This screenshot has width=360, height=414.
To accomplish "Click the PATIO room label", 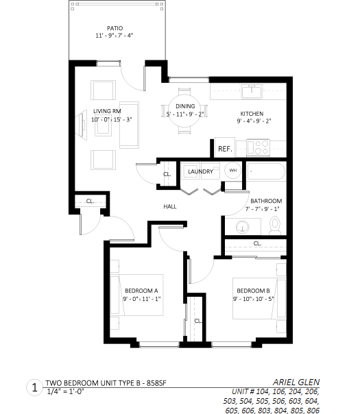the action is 115,28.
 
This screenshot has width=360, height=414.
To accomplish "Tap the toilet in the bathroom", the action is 275,226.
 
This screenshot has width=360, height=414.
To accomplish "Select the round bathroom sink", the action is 243,227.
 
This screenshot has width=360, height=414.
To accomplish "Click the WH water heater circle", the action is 232,170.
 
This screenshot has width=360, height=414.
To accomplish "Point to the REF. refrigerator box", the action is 225,147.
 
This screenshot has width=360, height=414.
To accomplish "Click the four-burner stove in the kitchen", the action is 258,147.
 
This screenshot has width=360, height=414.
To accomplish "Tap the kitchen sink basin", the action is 252,92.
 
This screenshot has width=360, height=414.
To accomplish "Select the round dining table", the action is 184,110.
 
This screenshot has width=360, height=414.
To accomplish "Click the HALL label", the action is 170,206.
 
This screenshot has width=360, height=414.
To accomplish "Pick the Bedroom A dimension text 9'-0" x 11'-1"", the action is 142,299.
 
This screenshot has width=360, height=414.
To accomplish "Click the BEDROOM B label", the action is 253,291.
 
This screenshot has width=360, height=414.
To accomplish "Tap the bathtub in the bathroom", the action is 266,171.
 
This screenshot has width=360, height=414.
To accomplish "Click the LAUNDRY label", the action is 200,171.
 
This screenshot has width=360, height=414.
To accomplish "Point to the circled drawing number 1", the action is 34,387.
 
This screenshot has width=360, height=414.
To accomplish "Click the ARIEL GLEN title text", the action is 296,382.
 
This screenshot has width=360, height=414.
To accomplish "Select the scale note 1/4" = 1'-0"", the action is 65,391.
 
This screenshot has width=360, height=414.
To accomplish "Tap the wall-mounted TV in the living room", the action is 82,125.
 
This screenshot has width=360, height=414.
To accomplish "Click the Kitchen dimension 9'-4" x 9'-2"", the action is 254,121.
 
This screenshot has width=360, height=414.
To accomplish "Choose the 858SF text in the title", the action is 156,383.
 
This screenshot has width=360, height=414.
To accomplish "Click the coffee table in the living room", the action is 104,125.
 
